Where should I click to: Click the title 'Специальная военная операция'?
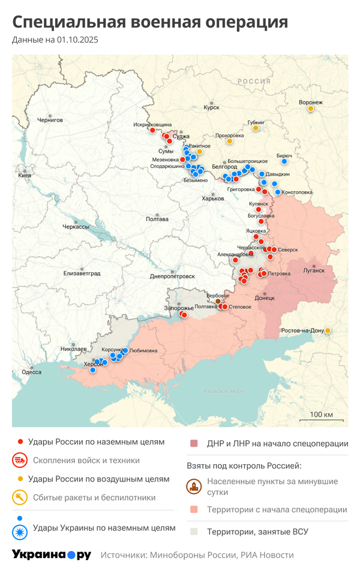(x=150, y=22)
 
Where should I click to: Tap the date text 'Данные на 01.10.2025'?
(x=55, y=40)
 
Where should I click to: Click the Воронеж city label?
(x=310, y=102)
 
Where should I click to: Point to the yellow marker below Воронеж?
(x=310, y=109)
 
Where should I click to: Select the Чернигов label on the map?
(x=49, y=120)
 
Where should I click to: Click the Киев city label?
(x=25, y=175)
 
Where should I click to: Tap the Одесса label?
(x=31, y=372)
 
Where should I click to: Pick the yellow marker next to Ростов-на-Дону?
(x=328, y=330)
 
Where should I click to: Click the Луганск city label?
(x=314, y=270)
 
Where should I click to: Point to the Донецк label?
(x=265, y=297)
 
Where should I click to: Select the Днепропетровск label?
(x=172, y=276)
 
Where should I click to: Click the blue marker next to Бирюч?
(x=284, y=161)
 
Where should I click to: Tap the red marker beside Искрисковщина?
(x=152, y=130)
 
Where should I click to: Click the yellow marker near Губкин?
(x=256, y=128)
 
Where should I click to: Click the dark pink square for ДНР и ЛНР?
(x=194, y=444)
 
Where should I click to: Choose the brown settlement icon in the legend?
(x=194, y=486)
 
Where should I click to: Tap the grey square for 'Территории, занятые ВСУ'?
(x=194, y=531)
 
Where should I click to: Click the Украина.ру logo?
(x=52, y=555)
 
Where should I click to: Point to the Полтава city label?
(x=157, y=219)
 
